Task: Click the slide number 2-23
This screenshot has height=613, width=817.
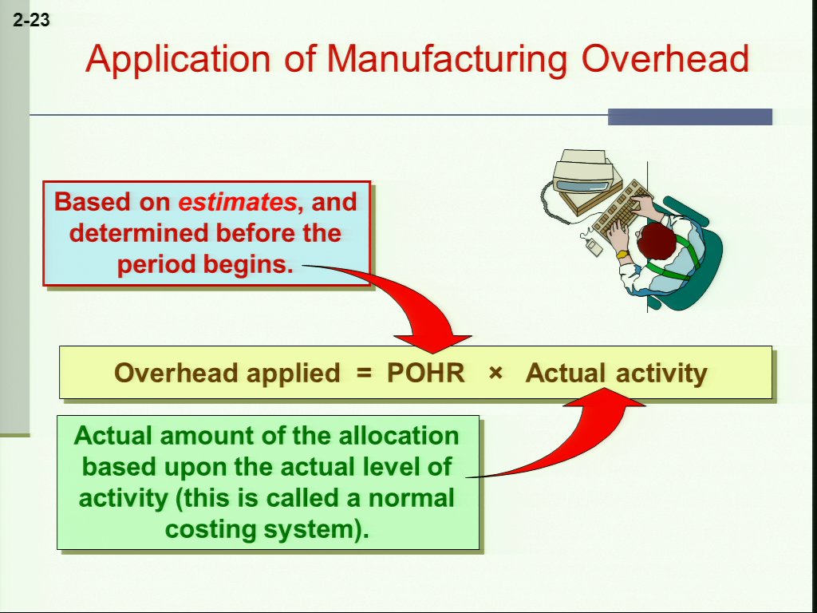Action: pos(31,20)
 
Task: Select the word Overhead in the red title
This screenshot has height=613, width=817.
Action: pos(665,58)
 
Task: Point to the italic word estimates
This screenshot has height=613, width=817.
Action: pos(237,202)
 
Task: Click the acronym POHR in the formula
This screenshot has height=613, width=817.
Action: pos(426,373)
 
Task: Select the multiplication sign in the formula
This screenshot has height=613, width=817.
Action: pos(496,374)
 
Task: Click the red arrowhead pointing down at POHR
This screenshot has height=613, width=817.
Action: pos(432,344)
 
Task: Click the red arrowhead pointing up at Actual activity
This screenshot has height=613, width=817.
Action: pos(605,397)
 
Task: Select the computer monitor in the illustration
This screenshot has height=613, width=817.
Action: pos(583,177)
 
